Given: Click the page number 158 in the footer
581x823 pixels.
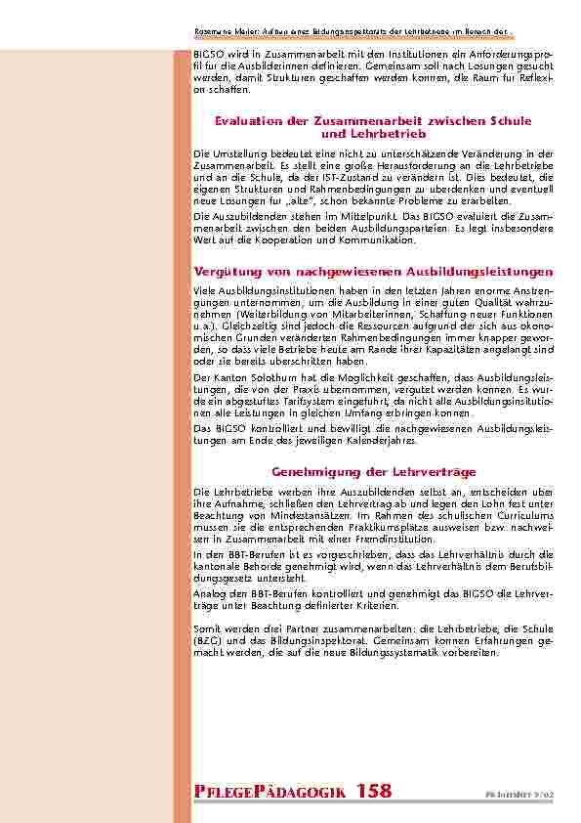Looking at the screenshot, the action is [x=377, y=790].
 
